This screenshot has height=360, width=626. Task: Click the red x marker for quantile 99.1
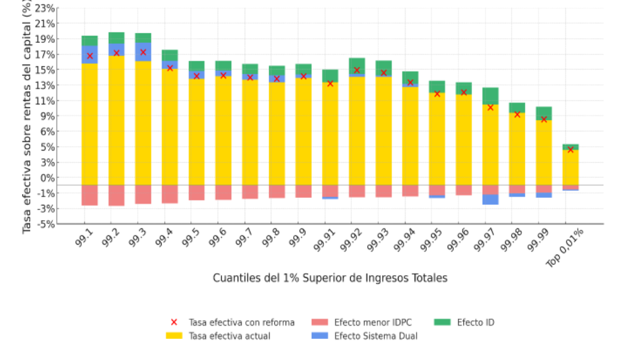coord(89,56)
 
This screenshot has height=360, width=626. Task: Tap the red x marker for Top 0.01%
coord(570,149)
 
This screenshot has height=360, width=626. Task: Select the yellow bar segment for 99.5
coord(197,131)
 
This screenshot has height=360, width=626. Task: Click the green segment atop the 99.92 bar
coord(357,64)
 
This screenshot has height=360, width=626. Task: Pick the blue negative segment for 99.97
coord(491,199)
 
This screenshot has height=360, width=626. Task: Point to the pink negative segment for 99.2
coord(116,195)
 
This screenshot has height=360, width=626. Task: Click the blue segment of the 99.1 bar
coord(89,54)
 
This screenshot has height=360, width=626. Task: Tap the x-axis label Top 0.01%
coord(564,249)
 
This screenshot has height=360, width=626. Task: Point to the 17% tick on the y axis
coord(47,54)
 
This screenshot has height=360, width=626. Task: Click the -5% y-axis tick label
coord(45,224)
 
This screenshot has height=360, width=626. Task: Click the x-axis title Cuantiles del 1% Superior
coord(330,278)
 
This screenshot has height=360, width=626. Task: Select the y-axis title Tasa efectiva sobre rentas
coord(27,118)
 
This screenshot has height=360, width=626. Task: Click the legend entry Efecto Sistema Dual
coord(376,336)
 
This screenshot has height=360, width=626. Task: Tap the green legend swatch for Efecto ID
coord(443,322)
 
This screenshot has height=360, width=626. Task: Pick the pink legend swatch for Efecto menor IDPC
coord(320,322)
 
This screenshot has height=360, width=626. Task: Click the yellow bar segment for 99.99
coord(544,153)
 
